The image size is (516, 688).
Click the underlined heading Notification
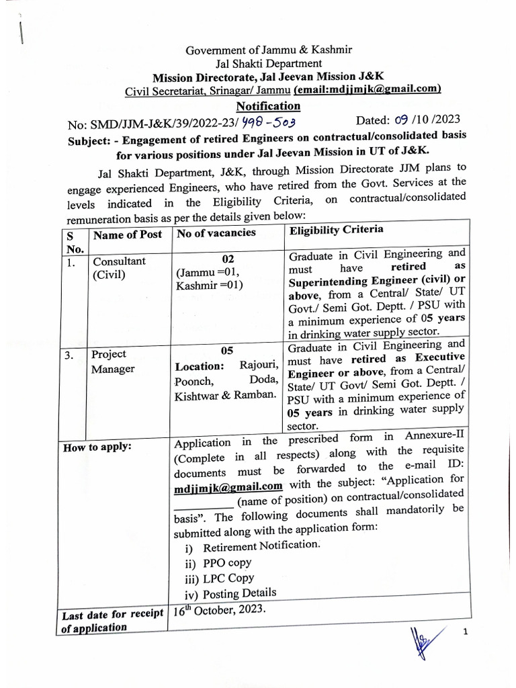coord(268,106)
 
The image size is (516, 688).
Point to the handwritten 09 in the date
coord(401,120)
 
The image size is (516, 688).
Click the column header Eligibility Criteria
coord(336,230)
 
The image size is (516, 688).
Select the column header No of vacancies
coord(216,232)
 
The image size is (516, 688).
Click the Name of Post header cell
coord(128,234)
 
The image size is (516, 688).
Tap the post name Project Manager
coord(113,361)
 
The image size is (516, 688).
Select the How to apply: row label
coord(97,447)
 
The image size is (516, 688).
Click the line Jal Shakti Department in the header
coord(268,64)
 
